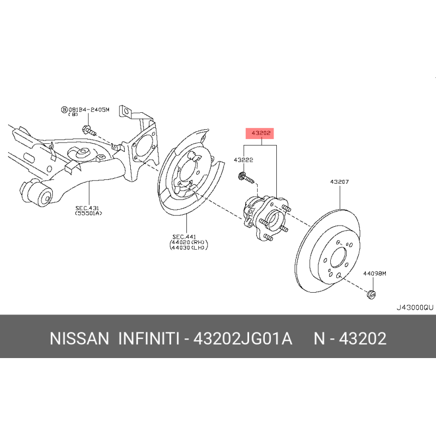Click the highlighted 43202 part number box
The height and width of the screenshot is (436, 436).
pos(261,133)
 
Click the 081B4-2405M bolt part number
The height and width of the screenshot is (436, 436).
pos(88,110)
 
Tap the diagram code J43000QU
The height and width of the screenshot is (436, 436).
pos(414,307)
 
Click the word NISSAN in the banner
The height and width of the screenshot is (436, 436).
pos(80,339)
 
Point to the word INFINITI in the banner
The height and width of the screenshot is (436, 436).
pos(149,339)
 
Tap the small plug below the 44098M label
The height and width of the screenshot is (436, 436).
pos(371,295)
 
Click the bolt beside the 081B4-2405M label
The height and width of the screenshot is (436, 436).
pos(88,131)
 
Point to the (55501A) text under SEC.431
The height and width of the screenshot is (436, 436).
pos(88,214)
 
